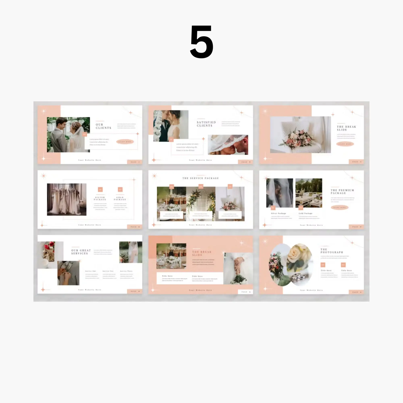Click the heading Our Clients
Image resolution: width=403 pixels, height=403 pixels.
click(103, 126)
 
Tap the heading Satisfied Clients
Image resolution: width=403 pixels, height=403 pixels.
click(206, 124)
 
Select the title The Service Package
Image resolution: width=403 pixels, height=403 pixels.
click(201, 178)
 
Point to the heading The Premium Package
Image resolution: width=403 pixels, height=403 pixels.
click(342, 192)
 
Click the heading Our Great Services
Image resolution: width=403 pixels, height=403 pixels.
click(81, 252)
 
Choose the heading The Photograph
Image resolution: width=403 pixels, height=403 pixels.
click(331, 251)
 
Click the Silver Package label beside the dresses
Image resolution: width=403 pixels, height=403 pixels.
click(100, 198)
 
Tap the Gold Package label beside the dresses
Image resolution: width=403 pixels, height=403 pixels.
click(120, 198)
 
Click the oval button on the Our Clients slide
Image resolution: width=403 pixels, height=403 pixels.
click(125, 142)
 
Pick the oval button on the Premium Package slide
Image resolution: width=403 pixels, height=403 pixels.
click(339, 207)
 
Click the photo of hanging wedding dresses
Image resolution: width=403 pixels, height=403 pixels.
click(67, 199)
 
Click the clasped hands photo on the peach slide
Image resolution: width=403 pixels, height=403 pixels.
click(238, 268)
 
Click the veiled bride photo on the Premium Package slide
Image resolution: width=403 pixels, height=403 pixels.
click(279, 193)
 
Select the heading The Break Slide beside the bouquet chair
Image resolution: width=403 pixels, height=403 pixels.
click(346, 128)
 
